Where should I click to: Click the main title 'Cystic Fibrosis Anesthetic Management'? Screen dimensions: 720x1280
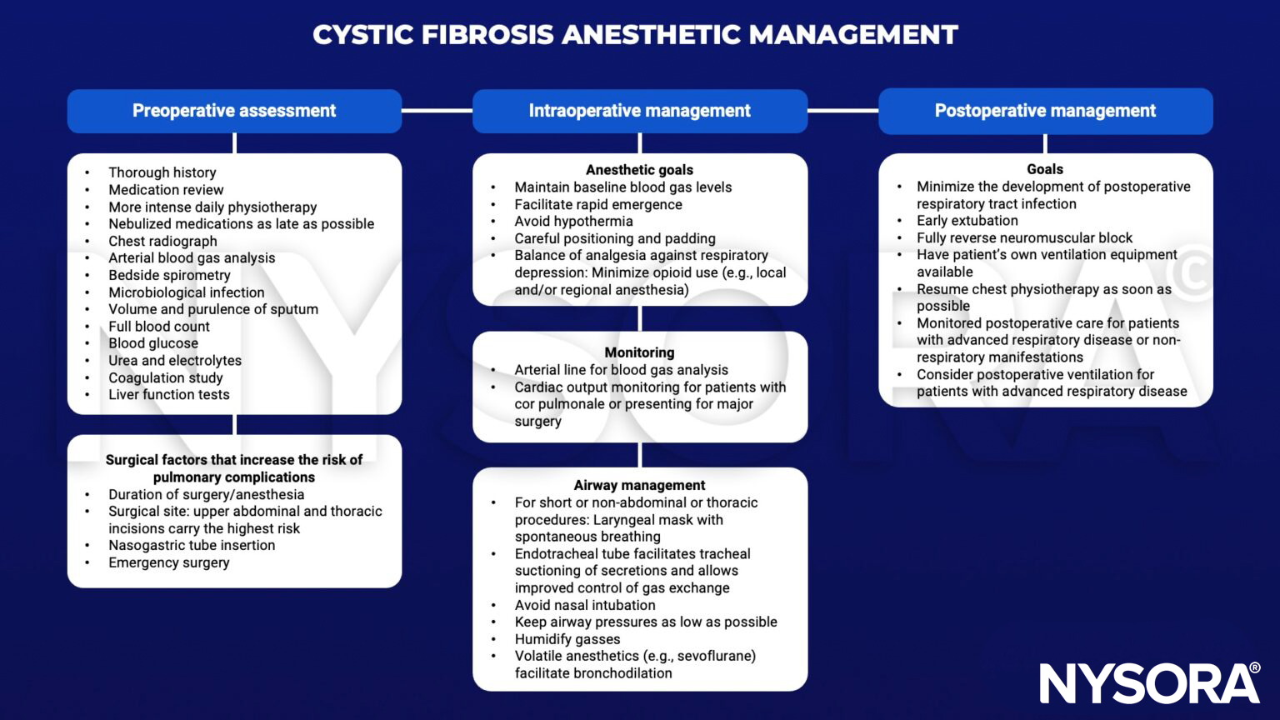point(635,35)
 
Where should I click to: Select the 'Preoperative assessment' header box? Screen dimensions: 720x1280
point(234,111)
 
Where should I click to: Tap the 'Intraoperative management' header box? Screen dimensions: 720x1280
point(639,111)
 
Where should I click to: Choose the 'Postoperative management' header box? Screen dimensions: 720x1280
point(1045,111)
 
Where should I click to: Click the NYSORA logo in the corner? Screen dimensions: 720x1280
point(1149,683)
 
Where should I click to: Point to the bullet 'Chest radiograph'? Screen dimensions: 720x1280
point(162,241)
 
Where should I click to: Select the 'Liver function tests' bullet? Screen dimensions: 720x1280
point(168,395)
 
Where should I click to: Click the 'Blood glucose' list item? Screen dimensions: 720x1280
point(153,343)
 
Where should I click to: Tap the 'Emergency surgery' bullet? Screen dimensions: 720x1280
point(168,562)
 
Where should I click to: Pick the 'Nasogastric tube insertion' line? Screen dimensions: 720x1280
point(192,545)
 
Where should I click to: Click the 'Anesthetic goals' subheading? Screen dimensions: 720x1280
point(639,170)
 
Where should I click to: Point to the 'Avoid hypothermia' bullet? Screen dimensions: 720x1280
point(573,222)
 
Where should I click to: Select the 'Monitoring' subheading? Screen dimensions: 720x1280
point(639,352)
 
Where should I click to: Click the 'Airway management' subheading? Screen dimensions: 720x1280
point(639,485)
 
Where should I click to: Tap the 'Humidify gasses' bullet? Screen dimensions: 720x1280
point(567,639)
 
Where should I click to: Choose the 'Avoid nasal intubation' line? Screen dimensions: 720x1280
point(585,605)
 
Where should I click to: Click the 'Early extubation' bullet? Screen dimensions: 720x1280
point(967,221)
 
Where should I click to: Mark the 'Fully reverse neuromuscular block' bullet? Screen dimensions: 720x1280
point(1024,237)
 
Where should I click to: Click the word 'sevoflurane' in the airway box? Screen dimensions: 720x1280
point(715,656)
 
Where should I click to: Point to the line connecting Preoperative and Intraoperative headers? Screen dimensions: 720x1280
point(437,110)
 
